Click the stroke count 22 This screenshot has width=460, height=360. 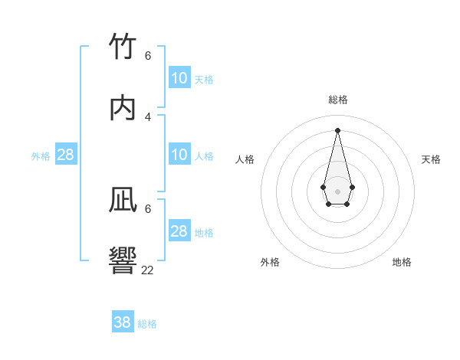[x=148, y=270]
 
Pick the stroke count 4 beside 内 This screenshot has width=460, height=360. [x=148, y=116]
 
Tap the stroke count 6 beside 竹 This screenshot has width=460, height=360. [x=148, y=56]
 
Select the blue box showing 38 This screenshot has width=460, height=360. [x=123, y=322]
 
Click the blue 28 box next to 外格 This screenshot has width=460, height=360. [x=66, y=155]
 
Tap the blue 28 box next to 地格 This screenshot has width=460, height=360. [x=179, y=231]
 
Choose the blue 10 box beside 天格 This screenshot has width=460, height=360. [x=179, y=78]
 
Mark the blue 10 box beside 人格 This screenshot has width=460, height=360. [x=179, y=155]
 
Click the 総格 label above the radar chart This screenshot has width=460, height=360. [x=338, y=100]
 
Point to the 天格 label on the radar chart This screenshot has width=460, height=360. [x=432, y=159]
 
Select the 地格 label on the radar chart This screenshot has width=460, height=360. [x=402, y=262]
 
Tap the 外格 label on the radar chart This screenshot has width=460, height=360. [x=270, y=262]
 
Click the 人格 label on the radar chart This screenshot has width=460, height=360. [x=245, y=159]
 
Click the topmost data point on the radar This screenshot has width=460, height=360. [x=337, y=129]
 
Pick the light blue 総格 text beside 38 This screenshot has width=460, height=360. [x=148, y=324]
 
